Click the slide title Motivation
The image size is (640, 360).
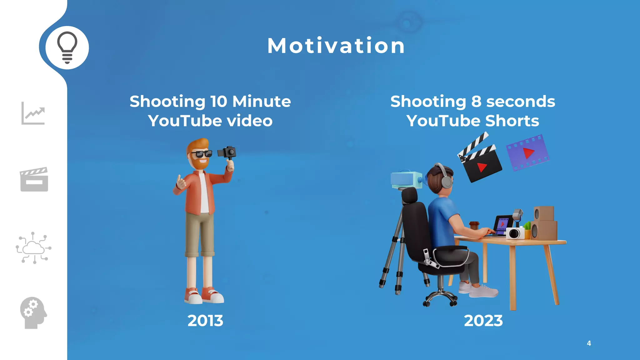336,46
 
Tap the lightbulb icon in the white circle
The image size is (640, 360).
67,47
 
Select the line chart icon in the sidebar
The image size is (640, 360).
33,113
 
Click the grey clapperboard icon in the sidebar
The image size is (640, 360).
34,179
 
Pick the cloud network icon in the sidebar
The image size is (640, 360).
33,248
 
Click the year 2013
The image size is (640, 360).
205,321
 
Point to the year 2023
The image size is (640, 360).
483,321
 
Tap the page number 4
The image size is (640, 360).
589,343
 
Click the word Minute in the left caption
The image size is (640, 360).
262,102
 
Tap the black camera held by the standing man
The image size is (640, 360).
227,152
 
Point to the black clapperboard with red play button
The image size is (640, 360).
481,162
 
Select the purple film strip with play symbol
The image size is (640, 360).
527,153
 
